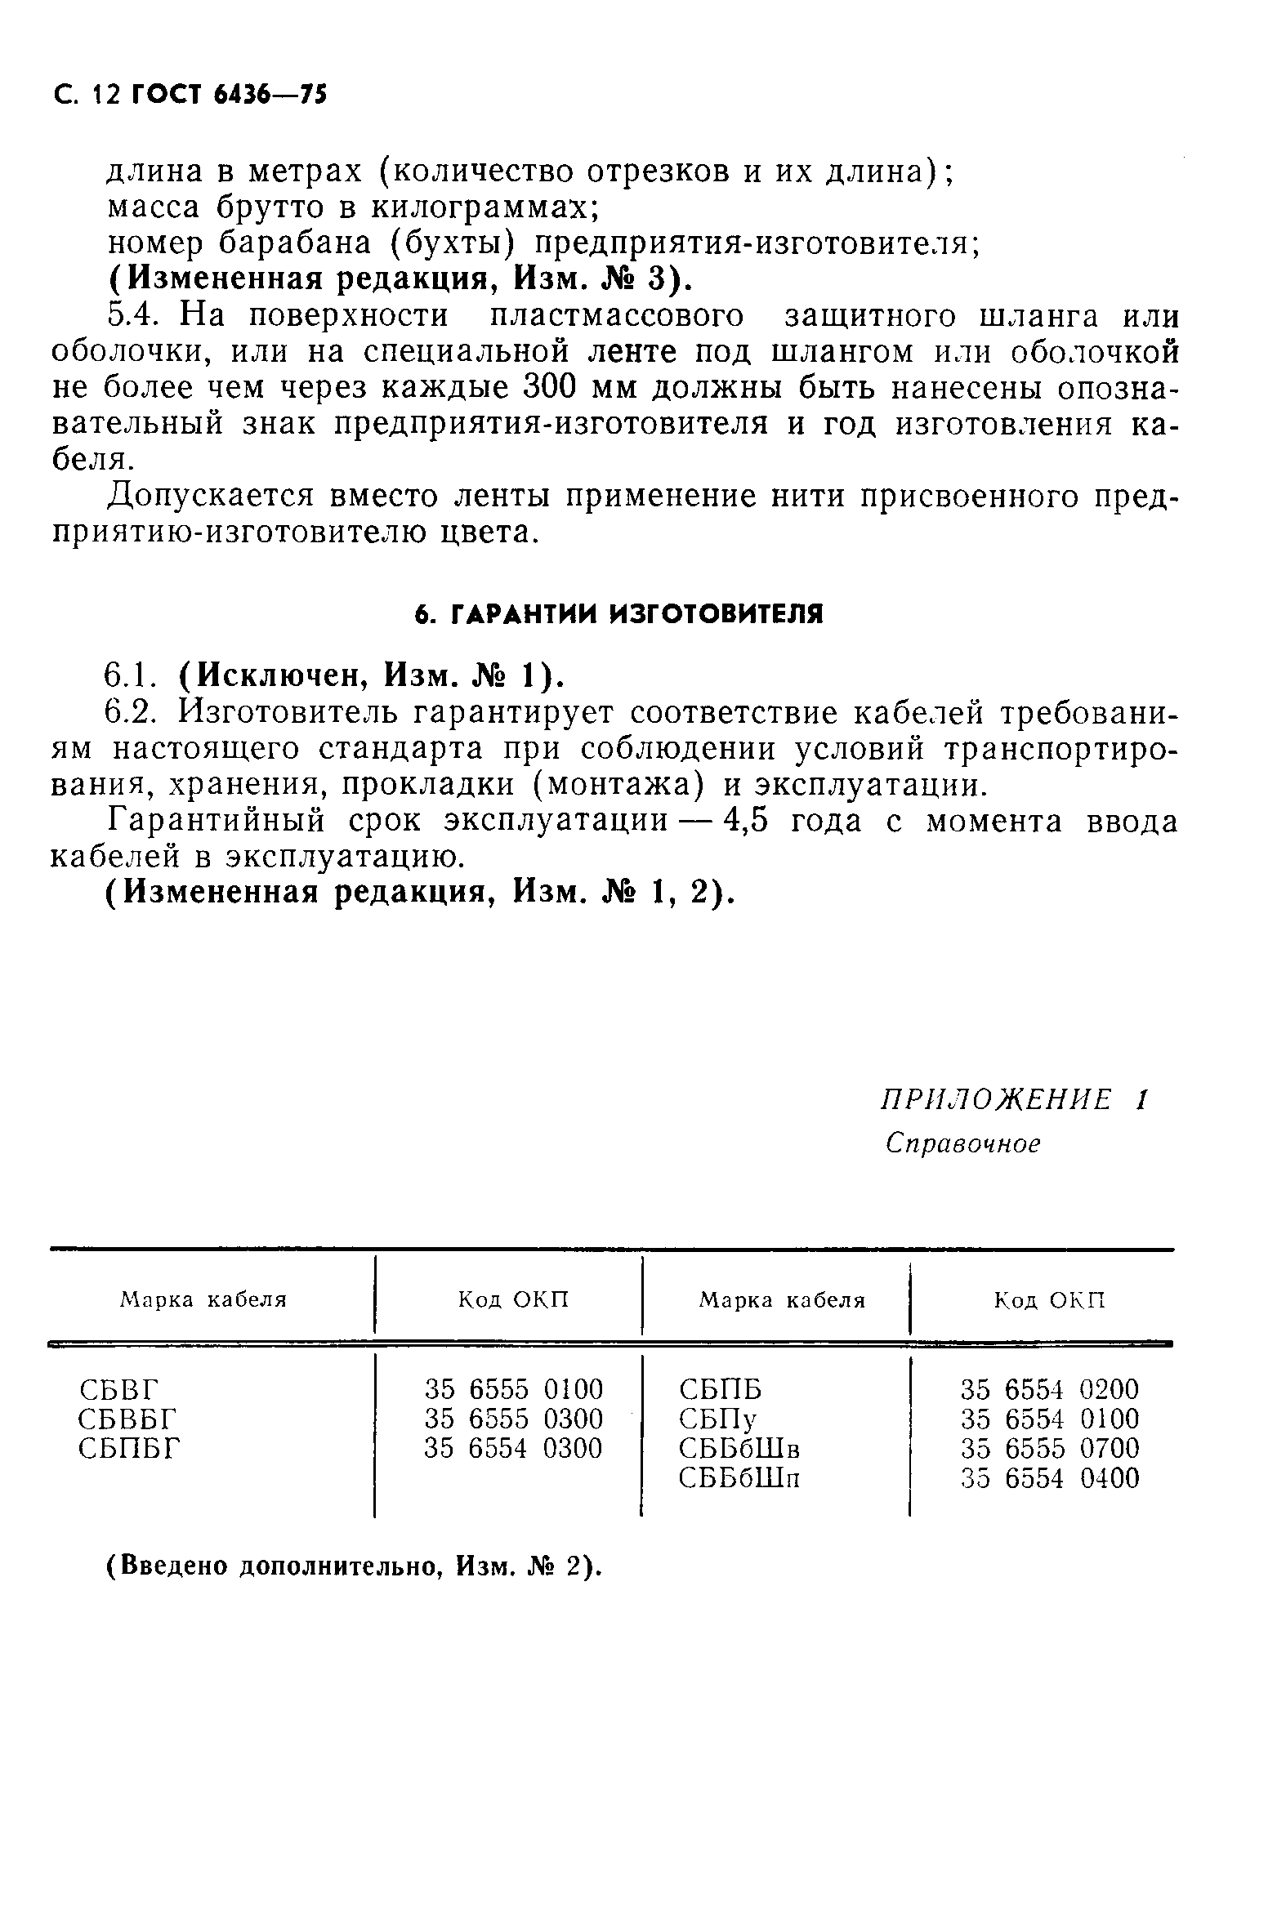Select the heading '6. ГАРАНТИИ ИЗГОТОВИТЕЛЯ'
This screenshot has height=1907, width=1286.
click(x=619, y=614)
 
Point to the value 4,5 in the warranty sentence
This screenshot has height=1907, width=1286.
click(x=744, y=821)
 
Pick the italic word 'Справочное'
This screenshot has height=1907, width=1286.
click(x=962, y=1143)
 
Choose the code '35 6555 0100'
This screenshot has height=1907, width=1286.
click(x=513, y=1390)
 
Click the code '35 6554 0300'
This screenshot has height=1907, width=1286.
click(x=513, y=1449)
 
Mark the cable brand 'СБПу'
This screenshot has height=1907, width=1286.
click(x=718, y=1419)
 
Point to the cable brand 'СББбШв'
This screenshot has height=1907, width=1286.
click(x=739, y=1449)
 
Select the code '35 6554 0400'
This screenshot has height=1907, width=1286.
click(x=1050, y=1478)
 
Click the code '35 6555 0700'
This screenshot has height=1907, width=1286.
click(x=1050, y=1449)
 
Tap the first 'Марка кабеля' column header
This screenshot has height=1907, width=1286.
click(x=203, y=1300)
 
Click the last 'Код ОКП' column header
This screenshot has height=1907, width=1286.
click(x=1050, y=1300)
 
